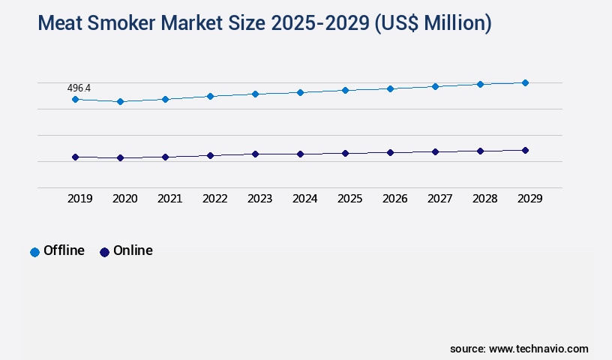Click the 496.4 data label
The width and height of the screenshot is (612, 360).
[79, 88]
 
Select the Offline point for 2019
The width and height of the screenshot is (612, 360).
[75, 99]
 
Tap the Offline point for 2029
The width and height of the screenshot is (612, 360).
[525, 82]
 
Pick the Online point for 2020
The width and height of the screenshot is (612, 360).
[120, 158]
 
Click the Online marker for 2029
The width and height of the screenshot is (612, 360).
[525, 150]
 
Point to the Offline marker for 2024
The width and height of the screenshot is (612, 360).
[300, 92]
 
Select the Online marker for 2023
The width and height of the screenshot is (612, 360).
[255, 154]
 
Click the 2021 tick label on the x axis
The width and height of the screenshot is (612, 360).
[169, 199]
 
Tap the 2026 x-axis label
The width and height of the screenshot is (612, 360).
[394, 199]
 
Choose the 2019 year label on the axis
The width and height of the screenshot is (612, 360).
[79, 199]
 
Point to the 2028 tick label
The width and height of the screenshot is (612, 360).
[484, 199]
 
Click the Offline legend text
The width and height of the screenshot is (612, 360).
[64, 250]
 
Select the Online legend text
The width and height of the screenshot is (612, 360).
[133, 250]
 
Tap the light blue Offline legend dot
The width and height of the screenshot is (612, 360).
[34, 252]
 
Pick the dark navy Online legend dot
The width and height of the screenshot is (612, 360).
[104, 252]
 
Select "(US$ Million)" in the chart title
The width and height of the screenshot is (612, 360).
[433, 23]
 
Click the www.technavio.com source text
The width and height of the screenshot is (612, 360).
[538, 349]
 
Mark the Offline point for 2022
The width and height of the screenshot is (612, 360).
[210, 96]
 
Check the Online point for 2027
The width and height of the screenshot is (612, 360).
[435, 151]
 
